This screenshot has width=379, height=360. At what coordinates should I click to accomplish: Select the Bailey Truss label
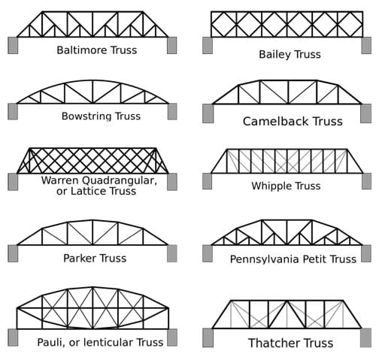click(290, 54)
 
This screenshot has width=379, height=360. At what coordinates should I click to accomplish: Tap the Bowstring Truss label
click(101, 116)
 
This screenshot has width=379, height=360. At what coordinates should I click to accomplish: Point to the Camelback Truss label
click(293, 121)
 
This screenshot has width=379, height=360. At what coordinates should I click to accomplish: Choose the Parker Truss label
click(95, 258)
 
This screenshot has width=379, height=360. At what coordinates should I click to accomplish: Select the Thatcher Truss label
click(290, 343)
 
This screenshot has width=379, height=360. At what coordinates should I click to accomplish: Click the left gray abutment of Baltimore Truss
click(13, 45)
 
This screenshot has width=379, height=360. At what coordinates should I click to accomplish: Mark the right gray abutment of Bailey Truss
click(366, 45)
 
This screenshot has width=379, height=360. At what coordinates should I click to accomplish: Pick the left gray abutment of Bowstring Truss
click(13, 111)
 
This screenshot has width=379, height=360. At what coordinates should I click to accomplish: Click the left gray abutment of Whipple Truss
click(207, 181)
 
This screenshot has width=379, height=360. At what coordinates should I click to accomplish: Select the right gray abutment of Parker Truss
click(172, 253)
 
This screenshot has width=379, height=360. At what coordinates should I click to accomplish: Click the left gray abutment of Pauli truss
click(13, 337)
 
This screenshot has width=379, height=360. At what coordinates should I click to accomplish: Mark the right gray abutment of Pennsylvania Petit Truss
click(365, 253)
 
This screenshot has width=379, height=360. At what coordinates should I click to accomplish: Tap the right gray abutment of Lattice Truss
click(172, 181)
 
